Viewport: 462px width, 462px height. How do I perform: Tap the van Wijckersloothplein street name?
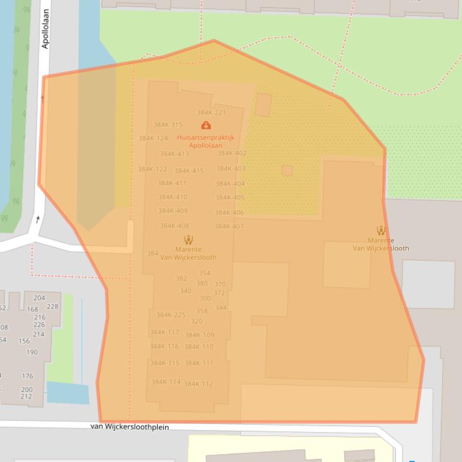(x=130, y=427)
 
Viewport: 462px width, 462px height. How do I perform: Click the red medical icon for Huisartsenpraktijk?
(x=206, y=125)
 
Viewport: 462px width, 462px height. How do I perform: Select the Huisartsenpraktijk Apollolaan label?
(x=205, y=142)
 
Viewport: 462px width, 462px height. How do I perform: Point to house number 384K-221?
(x=211, y=113)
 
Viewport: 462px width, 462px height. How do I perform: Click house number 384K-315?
(x=167, y=125)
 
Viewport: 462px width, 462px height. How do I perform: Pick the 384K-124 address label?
(x=153, y=139)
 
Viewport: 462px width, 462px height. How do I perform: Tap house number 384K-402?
(x=231, y=154)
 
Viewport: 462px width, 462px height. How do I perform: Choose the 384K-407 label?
(x=229, y=226)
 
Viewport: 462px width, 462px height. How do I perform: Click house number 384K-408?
(x=174, y=226)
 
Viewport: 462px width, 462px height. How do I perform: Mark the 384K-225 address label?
(x=171, y=315)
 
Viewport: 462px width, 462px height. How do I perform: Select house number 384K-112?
(x=198, y=385)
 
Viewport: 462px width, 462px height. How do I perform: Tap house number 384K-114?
(x=166, y=382)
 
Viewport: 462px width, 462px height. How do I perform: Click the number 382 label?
(x=181, y=279)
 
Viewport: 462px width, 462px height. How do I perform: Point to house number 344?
(x=221, y=308)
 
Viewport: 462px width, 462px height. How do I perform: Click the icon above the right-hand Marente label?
(x=380, y=230)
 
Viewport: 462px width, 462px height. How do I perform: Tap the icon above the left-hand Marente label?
(x=188, y=240)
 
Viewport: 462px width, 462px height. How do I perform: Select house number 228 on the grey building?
(x=53, y=307)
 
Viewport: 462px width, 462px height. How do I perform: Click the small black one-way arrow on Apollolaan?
(x=38, y=220)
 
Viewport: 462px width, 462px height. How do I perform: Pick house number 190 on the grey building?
(x=32, y=353)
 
